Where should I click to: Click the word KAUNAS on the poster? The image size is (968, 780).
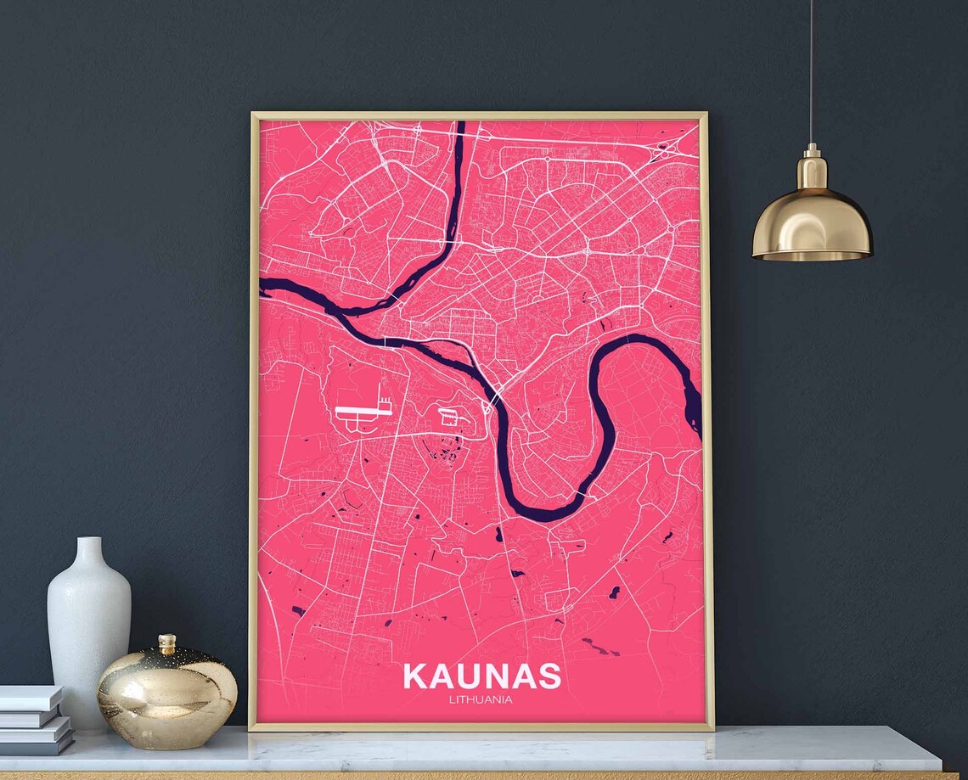481,676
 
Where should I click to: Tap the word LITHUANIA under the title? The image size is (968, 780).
481,700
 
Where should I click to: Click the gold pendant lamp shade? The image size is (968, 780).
812,225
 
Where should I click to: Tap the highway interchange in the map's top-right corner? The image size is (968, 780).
667,150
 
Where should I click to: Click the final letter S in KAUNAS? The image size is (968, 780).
549,676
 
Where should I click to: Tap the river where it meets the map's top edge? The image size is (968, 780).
460,125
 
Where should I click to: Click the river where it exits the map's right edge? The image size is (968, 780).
696,416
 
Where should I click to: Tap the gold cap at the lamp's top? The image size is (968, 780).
811,154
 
